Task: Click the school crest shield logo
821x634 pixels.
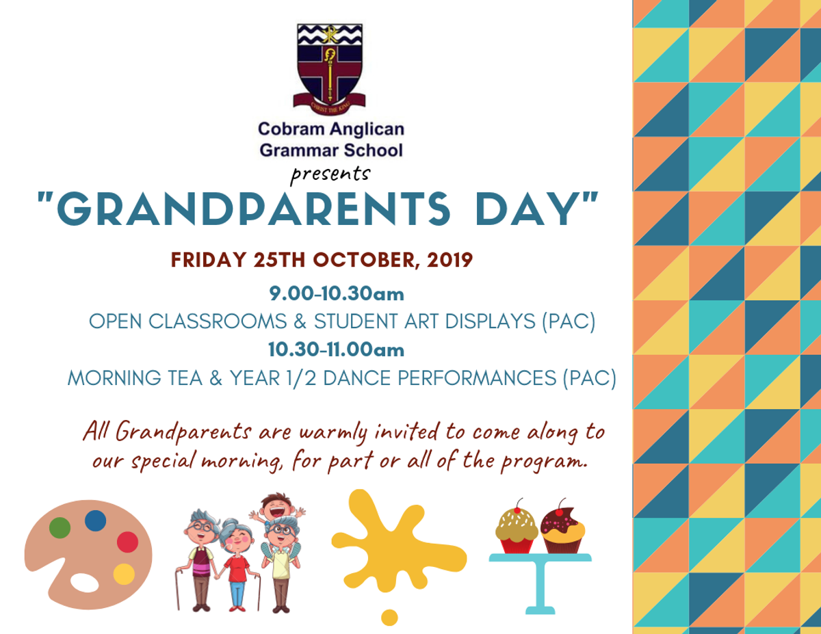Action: tap(330, 68)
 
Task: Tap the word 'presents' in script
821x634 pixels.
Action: tap(330, 174)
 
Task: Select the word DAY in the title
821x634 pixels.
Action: tap(527, 209)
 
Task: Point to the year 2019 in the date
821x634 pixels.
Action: tap(450, 260)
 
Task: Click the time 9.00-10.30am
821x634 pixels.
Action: tap(337, 294)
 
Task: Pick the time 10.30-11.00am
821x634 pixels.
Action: tap(336, 349)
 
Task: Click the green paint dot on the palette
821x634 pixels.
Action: tap(60, 527)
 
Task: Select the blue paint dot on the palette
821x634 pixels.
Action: tap(95, 520)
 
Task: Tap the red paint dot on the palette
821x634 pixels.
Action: tap(127, 542)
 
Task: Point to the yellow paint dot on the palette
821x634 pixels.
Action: tap(124, 574)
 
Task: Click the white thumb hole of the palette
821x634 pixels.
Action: tap(85, 583)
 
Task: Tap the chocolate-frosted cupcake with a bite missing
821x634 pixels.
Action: tap(562, 529)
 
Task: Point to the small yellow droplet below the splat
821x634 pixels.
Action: tap(389, 618)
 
